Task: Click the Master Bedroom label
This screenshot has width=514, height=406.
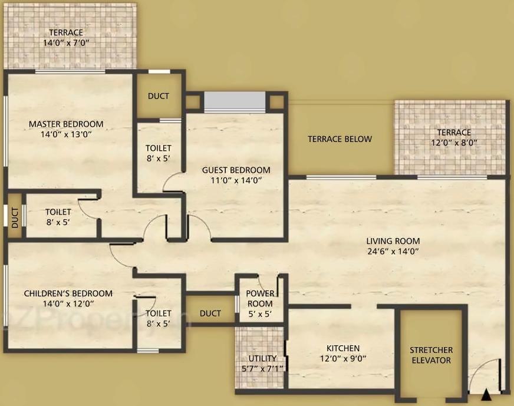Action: tap(66, 124)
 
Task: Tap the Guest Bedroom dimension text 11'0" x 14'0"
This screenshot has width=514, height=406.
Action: tap(236, 181)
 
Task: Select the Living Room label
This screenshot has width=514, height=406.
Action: tap(393, 240)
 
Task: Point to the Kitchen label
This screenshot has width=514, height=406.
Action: tap(343, 348)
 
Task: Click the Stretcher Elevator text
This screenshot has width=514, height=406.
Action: tap(431, 355)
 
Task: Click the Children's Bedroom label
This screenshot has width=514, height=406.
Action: tap(68, 293)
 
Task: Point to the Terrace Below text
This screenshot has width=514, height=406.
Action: tap(340, 139)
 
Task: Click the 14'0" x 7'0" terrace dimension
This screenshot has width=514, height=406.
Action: tap(66, 43)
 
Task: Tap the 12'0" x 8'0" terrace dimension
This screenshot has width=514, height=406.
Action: tap(454, 143)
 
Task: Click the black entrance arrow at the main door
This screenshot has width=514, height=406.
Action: tap(486, 395)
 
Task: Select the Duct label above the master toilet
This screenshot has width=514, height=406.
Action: tap(159, 96)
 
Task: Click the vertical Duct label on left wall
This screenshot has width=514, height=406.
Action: tap(15, 216)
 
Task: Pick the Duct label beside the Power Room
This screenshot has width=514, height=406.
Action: tap(210, 313)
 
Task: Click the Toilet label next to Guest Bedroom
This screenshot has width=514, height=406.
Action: tap(159, 148)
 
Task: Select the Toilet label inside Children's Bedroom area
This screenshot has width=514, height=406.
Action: tap(159, 314)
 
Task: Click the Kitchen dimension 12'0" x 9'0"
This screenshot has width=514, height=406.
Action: tap(343, 358)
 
